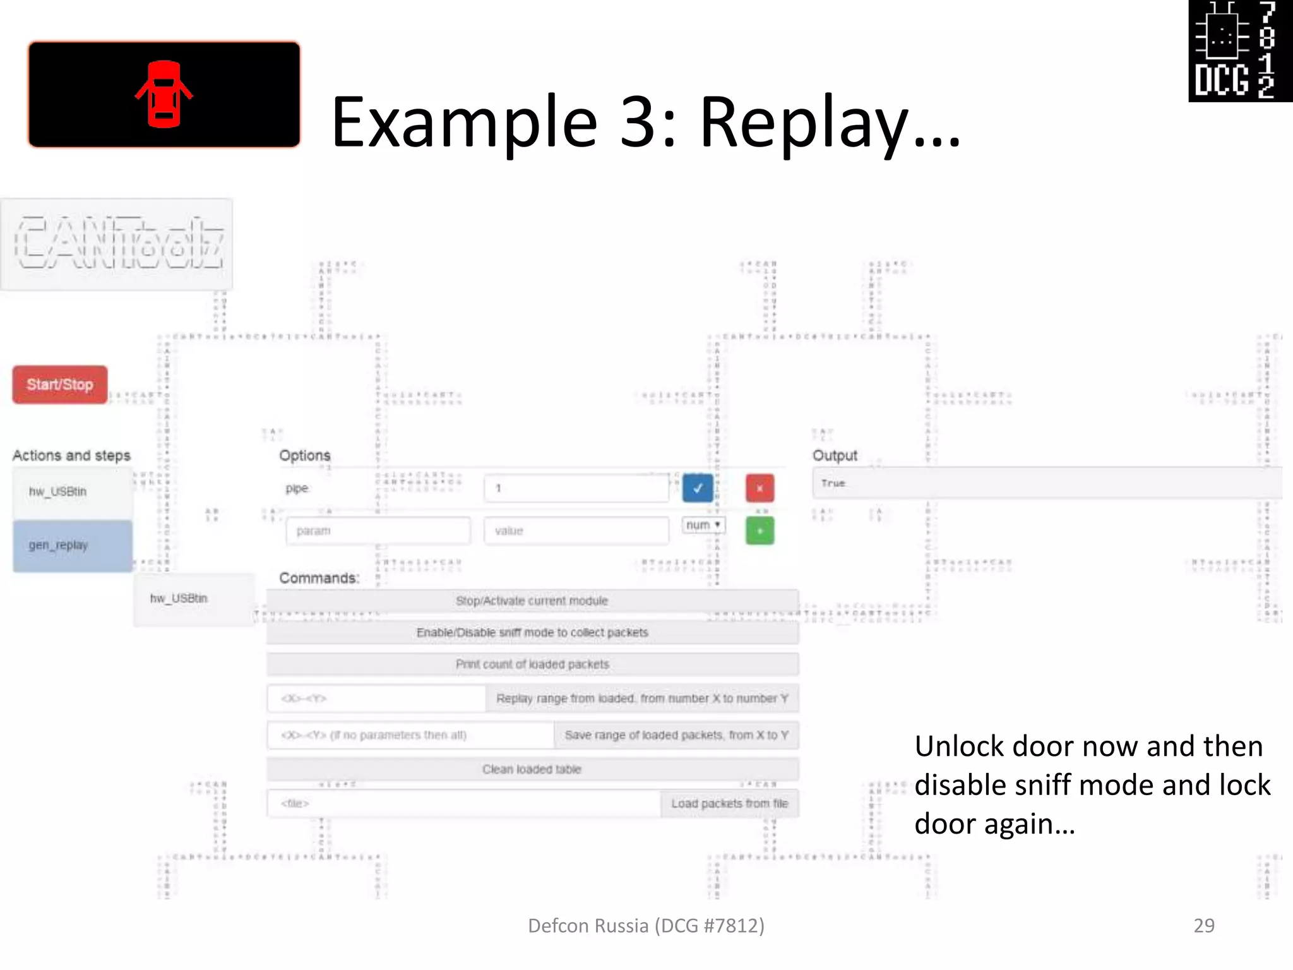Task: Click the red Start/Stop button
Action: (60, 385)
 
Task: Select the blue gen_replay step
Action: (73, 546)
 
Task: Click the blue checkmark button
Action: (698, 488)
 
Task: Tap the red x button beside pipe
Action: (760, 488)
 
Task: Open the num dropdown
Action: (703, 525)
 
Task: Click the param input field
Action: (378, 531)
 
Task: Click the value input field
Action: (576, 531)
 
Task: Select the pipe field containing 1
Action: (576, 488)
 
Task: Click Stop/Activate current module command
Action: (532, 601)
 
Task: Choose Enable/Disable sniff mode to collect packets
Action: (532, 632)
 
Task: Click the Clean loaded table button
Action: (532, 769)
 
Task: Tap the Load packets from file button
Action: (729, 803)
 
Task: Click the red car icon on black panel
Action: (164, 95)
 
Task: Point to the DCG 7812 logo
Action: (1240, 51)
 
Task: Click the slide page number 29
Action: (1204, 925)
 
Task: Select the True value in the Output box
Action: (833, 483)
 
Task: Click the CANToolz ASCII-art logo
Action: (117, 244)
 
